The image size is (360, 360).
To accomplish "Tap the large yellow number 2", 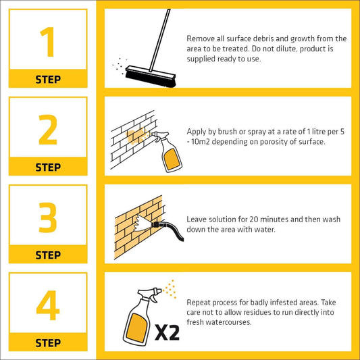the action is click(48, 130).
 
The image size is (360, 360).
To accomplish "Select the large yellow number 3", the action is click(48, 217).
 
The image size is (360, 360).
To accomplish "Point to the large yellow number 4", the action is click(48, 305).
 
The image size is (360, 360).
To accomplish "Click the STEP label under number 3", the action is click(48, 255).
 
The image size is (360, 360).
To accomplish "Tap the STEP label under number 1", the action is click(48, 80).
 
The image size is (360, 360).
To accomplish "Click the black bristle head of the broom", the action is click(151, 78).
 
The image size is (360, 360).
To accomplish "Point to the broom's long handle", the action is click(160, 40).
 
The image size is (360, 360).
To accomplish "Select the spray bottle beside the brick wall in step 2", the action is click(167, 151).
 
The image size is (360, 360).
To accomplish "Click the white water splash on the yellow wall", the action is click(143, 223).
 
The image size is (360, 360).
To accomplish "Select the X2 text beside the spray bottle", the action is click(167, 332).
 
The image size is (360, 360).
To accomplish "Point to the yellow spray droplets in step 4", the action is click(170, 289).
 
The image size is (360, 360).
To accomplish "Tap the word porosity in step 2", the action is click(274, 142).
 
